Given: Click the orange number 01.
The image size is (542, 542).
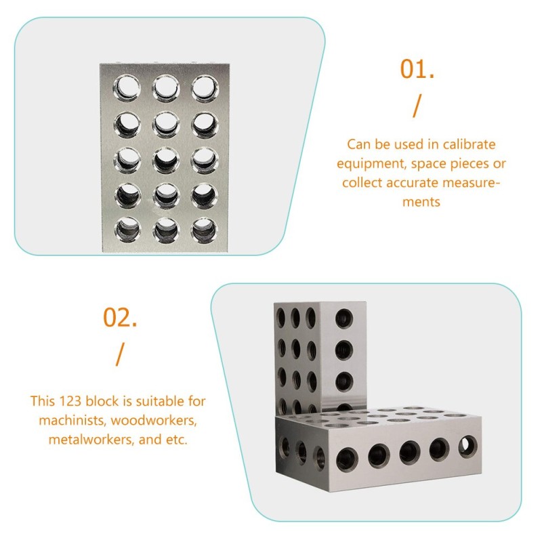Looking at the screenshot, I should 417,69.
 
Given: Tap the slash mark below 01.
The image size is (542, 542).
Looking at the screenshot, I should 417,106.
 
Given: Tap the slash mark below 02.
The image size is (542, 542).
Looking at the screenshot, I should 121,353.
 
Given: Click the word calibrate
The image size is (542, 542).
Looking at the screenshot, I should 468,144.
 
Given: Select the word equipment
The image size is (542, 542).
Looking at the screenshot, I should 374,163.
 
